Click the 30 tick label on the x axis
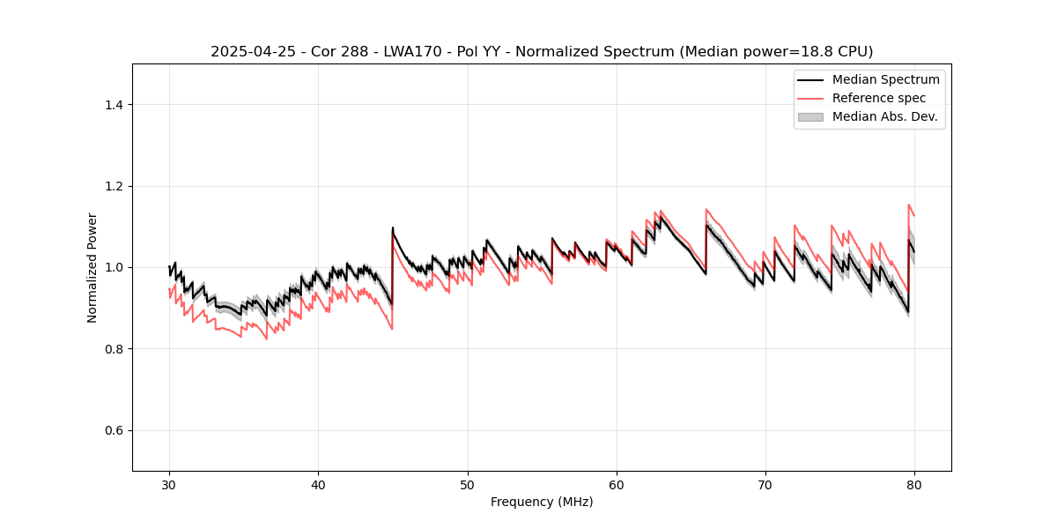pos(170,485)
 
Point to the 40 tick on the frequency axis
pos(319,485)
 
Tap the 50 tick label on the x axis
pos(468,485)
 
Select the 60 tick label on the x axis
pos(617,485)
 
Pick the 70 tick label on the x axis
pos(765,485)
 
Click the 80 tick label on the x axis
pos(914,485)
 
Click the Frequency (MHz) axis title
pos(542,502)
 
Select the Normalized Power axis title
pos(92,267)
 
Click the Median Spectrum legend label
pos(885,79)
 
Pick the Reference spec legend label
pos(879,98)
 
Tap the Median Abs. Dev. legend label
pos(884,116)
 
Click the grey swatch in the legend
pos(810,116)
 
